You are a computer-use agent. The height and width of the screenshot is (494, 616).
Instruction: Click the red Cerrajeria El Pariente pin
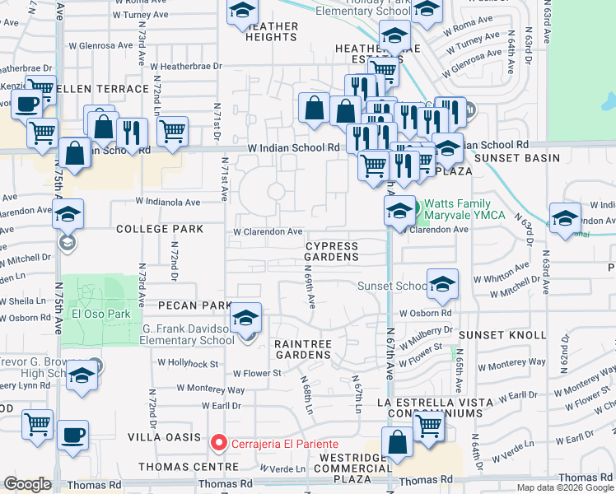pyautogui.click(x=219, y=443)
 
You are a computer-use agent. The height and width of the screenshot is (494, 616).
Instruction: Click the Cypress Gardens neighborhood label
pyautogui.click(x=332, y=251)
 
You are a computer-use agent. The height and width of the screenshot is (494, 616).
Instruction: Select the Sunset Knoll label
pyautogui.click(x=502, y=335)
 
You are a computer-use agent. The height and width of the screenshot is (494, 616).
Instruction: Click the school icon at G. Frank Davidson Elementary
pyautogui.click(x=245, y=318)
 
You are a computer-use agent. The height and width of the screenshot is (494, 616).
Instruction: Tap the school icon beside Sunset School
pyautogui.click(x=442, y=284)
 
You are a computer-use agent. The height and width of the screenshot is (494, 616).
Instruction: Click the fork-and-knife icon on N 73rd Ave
pyautogui.click(x=132, y=132)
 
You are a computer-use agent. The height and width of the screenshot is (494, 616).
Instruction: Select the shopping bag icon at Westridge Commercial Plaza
pyautogui.click(x=398, y=440)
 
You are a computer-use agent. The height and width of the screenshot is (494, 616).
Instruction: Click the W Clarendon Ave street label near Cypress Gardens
pyautogui.click(x=268, y=232)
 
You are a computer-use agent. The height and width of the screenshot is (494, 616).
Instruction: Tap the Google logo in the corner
pyautogui.click(x=28, y=484)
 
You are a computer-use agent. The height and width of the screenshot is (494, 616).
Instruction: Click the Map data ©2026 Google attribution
pyautogui.click(x=566, y=487)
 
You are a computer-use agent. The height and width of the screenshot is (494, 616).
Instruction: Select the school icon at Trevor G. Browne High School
pyautogui.click(x=82, y=375)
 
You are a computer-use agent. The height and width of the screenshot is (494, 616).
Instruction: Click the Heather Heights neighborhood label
pyautogui.click(x=272, y=32)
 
